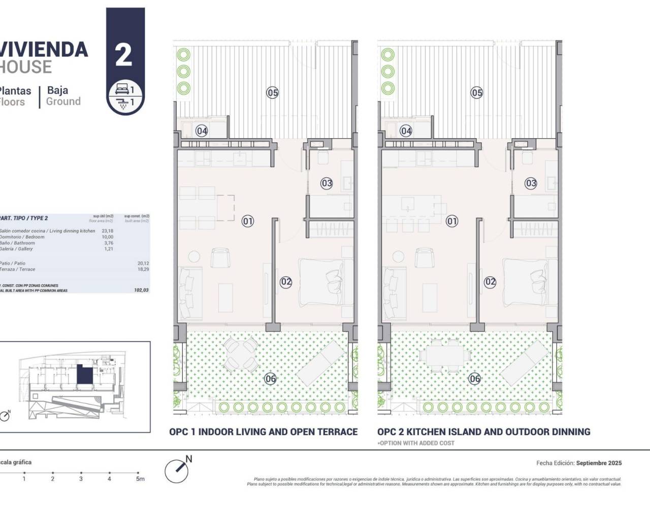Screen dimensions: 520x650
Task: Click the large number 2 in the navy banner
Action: coord(124,55)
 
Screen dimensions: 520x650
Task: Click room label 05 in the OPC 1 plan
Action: coord(273,92)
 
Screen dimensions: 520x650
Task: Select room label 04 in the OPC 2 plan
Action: coord(406,131)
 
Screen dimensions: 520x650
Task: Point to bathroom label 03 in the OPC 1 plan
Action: coord(327,183)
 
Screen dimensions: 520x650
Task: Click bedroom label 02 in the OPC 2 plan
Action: coord(490,282)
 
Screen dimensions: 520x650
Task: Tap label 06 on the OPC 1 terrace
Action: coord(270,378)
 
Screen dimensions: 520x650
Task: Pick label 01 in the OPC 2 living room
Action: coord(451,221)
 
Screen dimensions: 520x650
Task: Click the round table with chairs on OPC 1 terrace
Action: coord(241,353)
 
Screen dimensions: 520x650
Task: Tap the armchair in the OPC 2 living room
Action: coord(424,258)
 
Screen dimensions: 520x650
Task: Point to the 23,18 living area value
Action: coord(107,231)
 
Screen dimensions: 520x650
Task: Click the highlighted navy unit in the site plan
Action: coord(84,376)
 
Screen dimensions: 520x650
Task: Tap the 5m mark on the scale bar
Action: coord(139,478)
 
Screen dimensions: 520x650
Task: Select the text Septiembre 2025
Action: coord(599,463)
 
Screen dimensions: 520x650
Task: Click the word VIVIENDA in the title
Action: coord(44,50)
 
